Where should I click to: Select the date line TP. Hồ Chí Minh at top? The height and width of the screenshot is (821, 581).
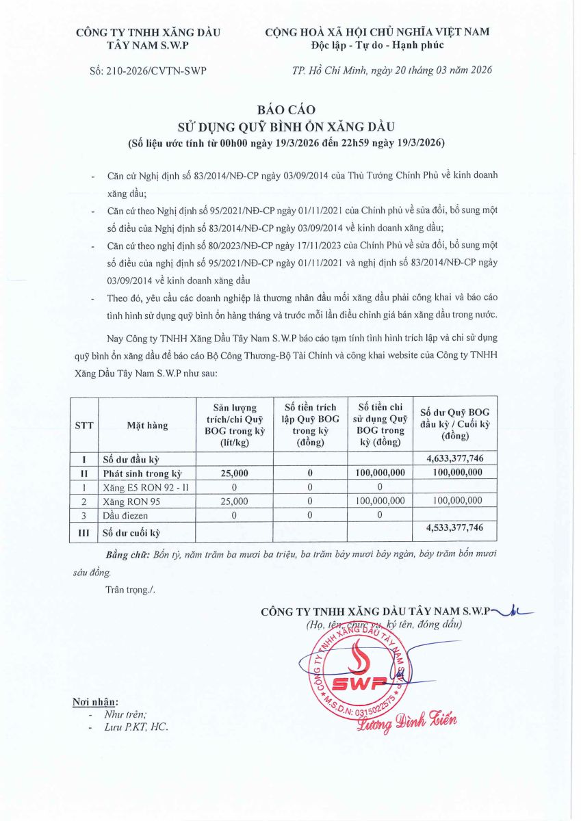pos(391,70)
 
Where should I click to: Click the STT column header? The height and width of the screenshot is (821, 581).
pos(84,425)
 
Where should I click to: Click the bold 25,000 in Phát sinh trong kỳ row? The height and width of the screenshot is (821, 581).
pos(235,473)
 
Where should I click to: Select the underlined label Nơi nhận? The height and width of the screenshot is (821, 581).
pos(95,702)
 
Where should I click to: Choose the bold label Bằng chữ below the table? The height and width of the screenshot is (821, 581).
pos(127,552)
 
